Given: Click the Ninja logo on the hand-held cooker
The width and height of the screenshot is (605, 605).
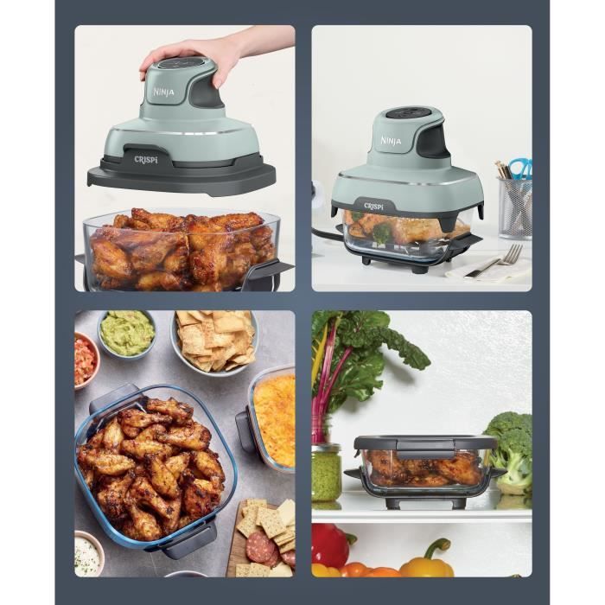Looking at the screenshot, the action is tap(164, 92).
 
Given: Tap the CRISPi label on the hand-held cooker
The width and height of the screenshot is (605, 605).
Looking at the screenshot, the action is tap(146, 159).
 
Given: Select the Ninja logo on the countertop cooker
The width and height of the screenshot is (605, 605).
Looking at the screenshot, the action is tap(391, 140).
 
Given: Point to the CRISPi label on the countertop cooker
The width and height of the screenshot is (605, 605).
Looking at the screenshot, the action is tap(374, 207).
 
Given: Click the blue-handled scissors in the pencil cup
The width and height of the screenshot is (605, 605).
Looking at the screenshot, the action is tap(521, 168).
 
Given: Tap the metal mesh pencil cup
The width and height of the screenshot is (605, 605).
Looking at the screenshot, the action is tap(514, 208).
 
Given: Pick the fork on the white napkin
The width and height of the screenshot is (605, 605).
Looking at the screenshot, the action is tap(494, 261).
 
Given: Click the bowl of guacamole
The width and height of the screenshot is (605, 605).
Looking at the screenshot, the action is tap(126, 334).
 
